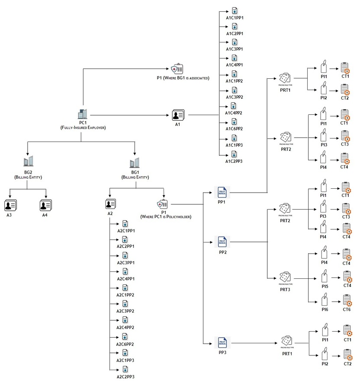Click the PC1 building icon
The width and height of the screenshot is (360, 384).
tap(82, 114)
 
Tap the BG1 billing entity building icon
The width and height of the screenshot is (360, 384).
tap(135, 163)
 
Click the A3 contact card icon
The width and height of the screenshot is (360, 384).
tap(10, 205)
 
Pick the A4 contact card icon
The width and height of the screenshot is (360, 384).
tap(46, 205)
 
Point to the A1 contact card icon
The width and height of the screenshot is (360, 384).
tap(178, 115)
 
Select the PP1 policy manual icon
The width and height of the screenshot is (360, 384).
tap(222, 191)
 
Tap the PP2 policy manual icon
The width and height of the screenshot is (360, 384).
tap(222, 241)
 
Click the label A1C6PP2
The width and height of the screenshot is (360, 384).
tap(234, 129)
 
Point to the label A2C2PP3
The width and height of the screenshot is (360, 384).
tap(126, 377)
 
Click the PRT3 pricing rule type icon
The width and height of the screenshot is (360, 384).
tap(285, 276)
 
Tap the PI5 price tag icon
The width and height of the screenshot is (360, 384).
tap(324, 276)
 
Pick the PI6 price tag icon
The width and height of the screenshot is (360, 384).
tap(324, 300)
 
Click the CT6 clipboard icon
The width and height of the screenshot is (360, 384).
tap(347, 300)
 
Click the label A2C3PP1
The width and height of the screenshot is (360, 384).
tap(126, 262)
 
